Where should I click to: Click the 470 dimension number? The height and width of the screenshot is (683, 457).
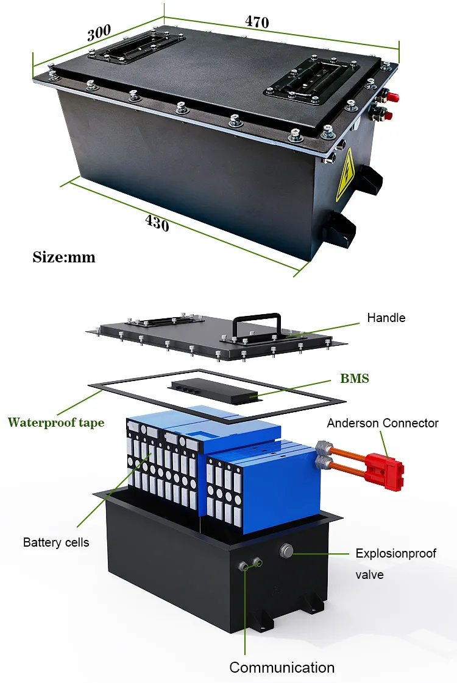point(257,22)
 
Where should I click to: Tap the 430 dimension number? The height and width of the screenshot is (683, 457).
point(157,223)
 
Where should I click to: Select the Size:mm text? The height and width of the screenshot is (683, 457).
point(64,257)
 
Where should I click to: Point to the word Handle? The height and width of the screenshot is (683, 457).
point(386,318)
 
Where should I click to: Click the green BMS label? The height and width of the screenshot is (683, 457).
point(354,379)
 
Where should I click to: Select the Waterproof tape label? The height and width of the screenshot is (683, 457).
point(55,422)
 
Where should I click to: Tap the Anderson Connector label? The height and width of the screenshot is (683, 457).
point(383,423)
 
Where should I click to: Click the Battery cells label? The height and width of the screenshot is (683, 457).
point(56,542)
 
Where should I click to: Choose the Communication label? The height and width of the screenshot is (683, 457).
point(282,667)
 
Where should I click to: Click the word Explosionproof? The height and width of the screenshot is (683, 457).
point(396,553)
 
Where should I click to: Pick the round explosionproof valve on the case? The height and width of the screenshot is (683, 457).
point(286,552)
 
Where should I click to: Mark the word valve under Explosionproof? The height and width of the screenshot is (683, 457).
point(369,574)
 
